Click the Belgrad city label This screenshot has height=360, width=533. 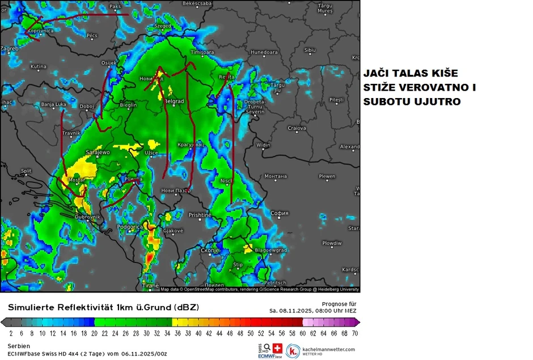pos(174,101)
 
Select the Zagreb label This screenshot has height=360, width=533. pos(10,49)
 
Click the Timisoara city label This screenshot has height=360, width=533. pos(202,52)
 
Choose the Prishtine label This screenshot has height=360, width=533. pos(200,215)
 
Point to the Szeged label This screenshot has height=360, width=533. pos(163,26)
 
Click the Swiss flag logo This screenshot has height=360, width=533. pos(277,348)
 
